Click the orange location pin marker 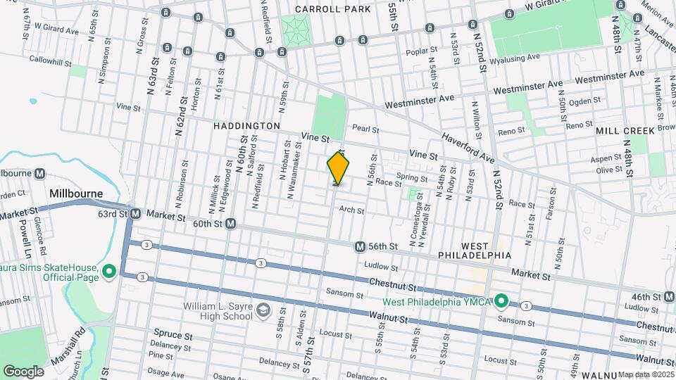pyautogui.click(x=338, y=169)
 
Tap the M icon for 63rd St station pyautogui.click(x=136, y=213)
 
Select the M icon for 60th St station pyautogui.click(x=230, y=224)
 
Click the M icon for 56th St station pyautogui.click(x=360, y=247)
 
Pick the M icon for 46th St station pyautogui.click(x=669, y=297)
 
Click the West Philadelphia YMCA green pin pyautogui.click(x=501, y=302)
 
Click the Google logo pyautogui.click(x=23, y=371)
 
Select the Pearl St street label pyautogui.click(x=365, y=129)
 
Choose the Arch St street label pyautogui.click(x=351, y=210)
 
